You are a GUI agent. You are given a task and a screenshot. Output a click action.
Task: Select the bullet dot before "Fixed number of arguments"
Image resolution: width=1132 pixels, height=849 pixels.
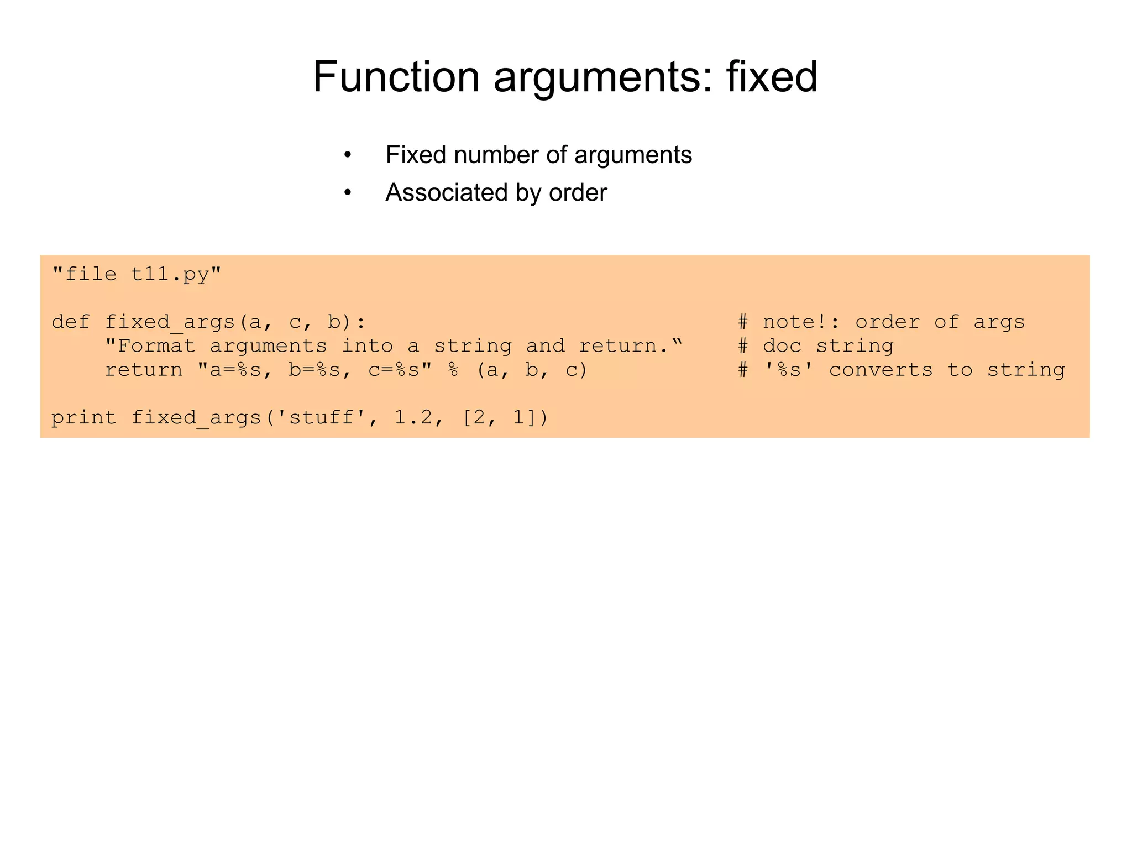[347, 155]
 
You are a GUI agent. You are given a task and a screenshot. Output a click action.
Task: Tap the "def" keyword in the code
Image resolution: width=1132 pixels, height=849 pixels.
[71, 322]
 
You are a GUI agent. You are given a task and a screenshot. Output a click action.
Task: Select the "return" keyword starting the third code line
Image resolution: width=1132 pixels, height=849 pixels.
[144, 370]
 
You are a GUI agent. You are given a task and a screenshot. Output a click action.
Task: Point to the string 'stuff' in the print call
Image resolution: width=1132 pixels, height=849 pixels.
[322, 417]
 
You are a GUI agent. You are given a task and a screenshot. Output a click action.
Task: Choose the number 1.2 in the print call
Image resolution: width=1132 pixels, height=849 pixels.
[413, 417]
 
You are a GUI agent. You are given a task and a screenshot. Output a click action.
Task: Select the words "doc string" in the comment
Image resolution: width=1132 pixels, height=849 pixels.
[828, 346]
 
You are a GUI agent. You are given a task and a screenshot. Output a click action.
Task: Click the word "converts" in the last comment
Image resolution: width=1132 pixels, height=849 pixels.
[881, 370]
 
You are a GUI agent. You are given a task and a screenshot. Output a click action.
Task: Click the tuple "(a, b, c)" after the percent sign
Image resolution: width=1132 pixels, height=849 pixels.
[532, 370]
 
